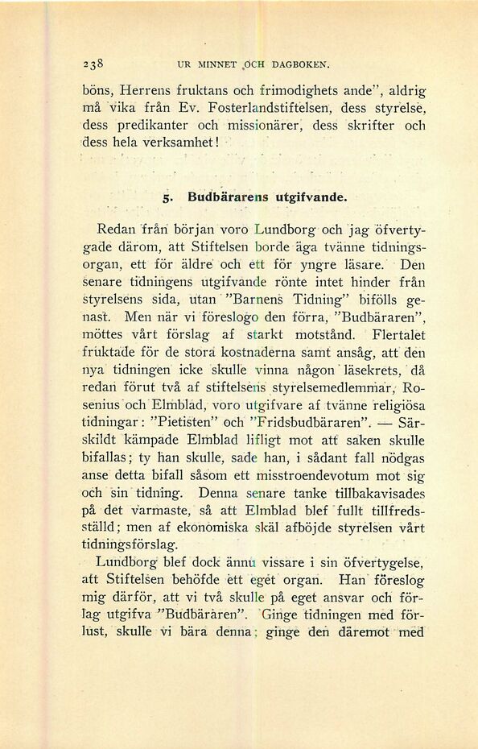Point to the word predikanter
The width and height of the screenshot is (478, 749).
point(157,126)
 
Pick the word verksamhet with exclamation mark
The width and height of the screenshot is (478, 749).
point(182,143)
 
